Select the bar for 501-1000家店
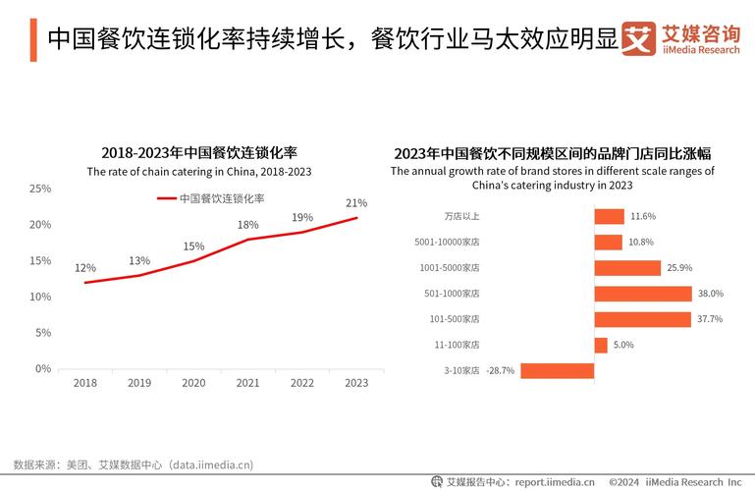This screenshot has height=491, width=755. tap(643, 294)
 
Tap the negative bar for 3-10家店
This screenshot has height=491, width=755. tap(557, 370)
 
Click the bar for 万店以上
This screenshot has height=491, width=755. tap(609, 216)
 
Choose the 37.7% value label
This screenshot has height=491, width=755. tap(710, 319)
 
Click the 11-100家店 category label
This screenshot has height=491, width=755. tap(458, 345)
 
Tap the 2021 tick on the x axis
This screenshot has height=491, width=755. tap(248, 384)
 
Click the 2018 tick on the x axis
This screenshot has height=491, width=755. tap(85, 384)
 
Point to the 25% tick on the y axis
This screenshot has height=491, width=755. tap(40, 189)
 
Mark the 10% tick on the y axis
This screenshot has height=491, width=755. tap(40, 297)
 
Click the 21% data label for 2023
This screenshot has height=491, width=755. tap(356, 203)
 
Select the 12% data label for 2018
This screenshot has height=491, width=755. tap(85, 268)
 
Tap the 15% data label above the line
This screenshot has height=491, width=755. tap(194, 246)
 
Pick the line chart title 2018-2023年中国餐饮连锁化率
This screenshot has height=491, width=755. tap(199, 153)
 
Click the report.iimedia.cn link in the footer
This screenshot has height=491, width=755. tap(555, 482)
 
